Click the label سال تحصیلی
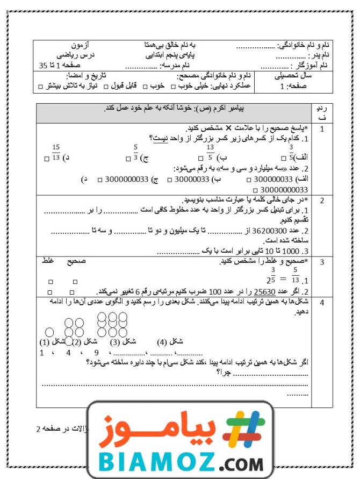[293, 76]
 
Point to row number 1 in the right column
[322, 129]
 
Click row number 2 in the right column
[322, 201]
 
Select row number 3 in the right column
[322, 262]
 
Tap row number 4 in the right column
[322, 303]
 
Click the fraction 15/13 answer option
[56, 153]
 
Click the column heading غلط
[48, 261]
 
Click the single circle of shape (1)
[49, 333]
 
